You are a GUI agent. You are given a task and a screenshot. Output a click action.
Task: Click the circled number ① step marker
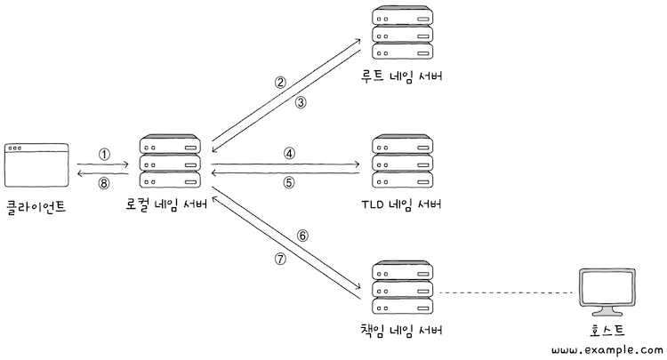click(x=104, y=154)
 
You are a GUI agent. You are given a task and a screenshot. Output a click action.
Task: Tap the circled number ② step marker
click(x=280, y=83)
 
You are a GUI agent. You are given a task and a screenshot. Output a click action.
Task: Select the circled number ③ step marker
click(x=301, y=102)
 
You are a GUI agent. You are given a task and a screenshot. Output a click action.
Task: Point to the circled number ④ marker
click(x=289, y=152)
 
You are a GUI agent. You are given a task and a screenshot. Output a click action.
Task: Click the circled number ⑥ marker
click(x=301, y=236)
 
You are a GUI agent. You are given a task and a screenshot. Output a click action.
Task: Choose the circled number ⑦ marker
click(x=280, y=259)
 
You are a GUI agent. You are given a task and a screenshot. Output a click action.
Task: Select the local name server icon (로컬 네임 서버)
click(x=170, y=163)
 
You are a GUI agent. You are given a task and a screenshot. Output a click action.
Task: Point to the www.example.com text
click(x=607, y=351)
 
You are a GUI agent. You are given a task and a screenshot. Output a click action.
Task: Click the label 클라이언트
click(x=36, y=207)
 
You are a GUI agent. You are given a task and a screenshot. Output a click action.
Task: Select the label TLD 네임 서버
click(x=401, y=205)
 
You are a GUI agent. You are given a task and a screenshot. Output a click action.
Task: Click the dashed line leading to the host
click(x=507, y=292)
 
